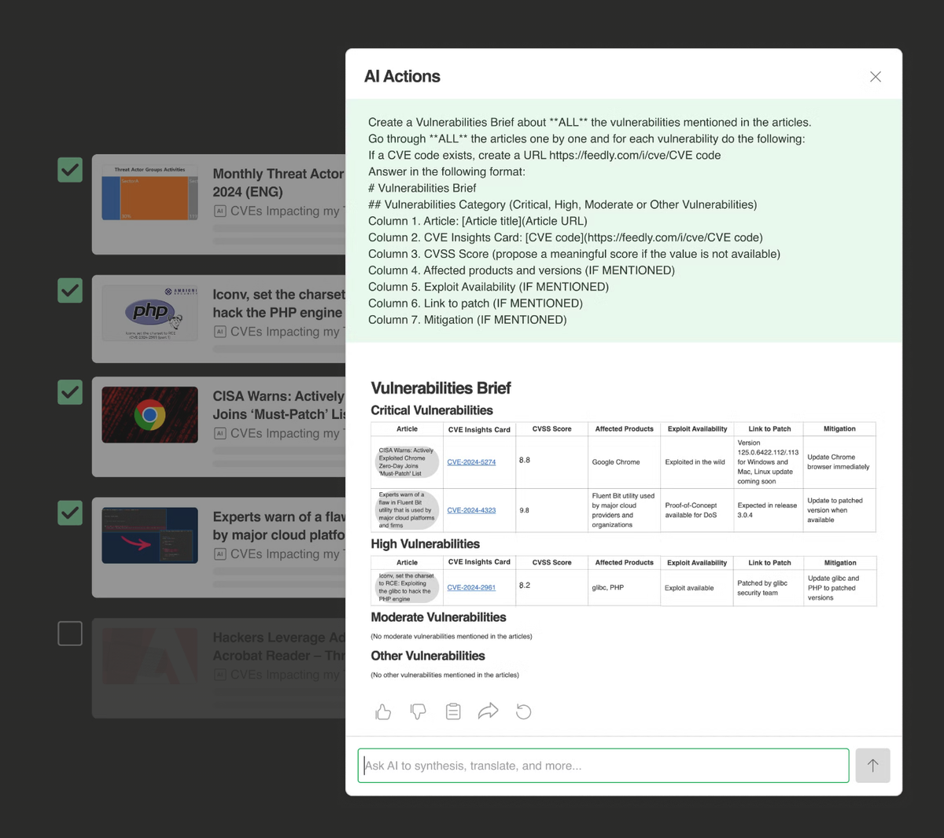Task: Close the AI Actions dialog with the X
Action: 876,77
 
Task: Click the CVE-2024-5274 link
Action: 471,462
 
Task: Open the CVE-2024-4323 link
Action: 471,510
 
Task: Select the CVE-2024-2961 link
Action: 471,587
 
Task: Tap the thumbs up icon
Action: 383,711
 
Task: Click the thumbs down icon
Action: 419,711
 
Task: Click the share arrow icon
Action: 489,711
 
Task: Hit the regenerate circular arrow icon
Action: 524,711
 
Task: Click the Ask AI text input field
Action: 603,766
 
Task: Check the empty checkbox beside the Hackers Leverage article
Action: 70,634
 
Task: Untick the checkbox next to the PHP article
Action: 70,291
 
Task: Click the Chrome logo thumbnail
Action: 149,415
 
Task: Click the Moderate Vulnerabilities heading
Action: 438,617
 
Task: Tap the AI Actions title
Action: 402,77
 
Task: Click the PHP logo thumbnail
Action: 149,313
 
